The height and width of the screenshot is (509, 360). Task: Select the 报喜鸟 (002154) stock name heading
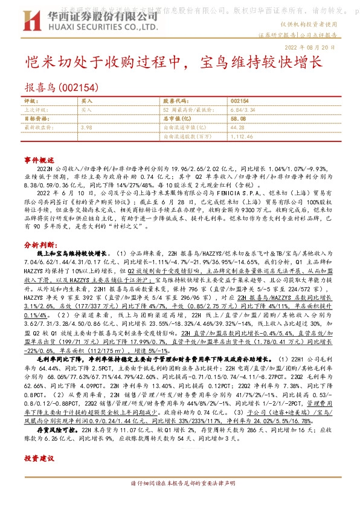(60, 88)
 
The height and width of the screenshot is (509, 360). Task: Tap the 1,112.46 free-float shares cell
(242, 137)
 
